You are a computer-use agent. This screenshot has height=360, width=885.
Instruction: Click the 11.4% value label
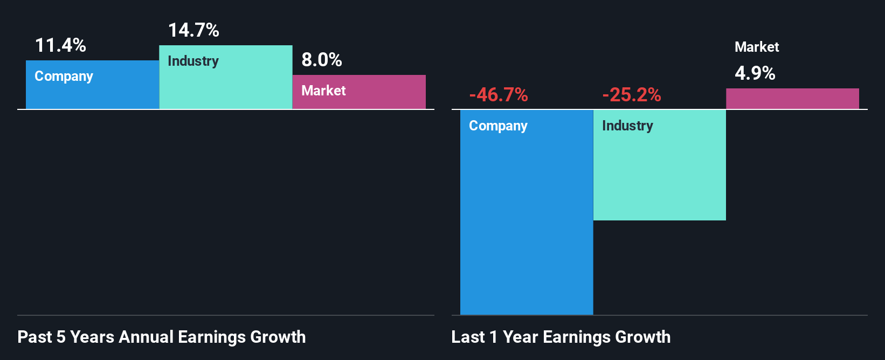coord(60,45)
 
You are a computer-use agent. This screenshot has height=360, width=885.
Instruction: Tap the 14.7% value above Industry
coord(193,30)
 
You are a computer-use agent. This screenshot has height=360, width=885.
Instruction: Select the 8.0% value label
coord(321,60)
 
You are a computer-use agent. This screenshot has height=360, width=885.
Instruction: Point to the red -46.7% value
coord(499,95)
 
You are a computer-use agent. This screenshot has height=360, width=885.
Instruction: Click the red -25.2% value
coord(632,95)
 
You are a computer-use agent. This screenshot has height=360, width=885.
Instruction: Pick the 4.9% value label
coord(755,73)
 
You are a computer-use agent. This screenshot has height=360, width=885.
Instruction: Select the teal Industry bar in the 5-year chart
coord(226,86)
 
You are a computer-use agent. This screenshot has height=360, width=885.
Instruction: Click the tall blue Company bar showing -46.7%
coord(527,226)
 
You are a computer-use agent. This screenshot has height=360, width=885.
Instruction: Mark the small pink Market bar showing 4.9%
coord(792,99)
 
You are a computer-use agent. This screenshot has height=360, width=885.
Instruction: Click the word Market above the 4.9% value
coord(757,47)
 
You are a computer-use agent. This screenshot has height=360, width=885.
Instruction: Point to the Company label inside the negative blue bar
coord(498,126)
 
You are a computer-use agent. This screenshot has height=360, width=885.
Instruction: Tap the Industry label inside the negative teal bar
coord(627,126)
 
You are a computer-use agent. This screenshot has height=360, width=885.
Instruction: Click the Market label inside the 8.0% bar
coord(323,91)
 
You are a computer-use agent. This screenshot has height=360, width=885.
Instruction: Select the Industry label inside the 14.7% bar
coord(193,61)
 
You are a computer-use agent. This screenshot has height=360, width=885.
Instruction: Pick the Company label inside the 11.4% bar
coord(64,76)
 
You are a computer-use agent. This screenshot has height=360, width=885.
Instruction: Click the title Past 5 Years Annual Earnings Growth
coord(162,337)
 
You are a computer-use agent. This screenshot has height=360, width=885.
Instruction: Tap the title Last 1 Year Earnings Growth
coord(561,337)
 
